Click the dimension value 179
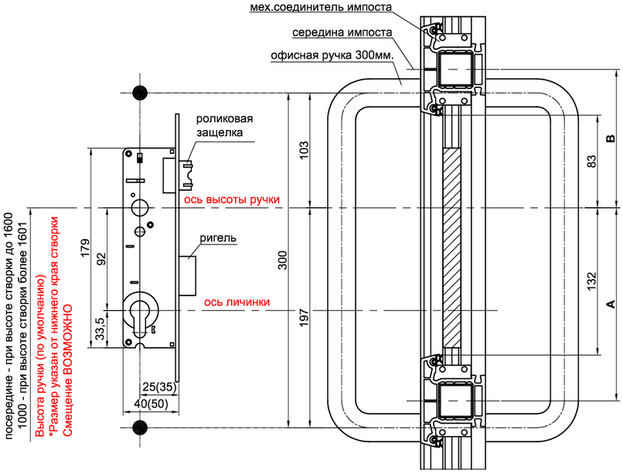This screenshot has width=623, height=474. (86, 248)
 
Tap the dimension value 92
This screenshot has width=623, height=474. (102, 259)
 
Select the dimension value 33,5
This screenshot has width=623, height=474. (100, 329)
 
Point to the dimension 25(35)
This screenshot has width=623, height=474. (159, 387)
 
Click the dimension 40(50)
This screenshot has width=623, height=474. (151, 404)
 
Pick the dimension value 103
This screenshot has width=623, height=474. (304, 150)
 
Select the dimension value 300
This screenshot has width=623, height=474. (282, 261)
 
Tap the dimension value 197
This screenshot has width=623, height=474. (304, 318)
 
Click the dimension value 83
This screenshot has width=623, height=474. (591, 161)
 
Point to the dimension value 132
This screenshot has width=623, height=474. (591, 281)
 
